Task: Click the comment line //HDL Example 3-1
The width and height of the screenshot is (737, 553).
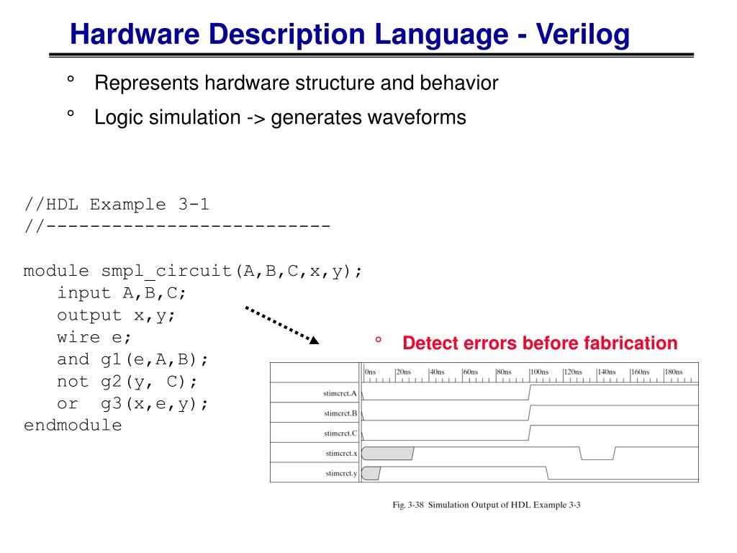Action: pyautogui.click(x=117, y=204)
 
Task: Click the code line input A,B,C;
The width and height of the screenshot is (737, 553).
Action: pyautogui.click(x=122, y=293)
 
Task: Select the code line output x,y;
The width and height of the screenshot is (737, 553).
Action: pyautogui.click(x=116, y=315)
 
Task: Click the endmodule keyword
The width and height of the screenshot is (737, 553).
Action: pyautogui.click(x=73, y=426)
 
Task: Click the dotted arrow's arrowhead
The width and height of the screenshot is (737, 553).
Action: pyautogui.click(x=313, y=339)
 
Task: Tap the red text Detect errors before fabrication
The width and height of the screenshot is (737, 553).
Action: pyautogui.click(x=540, y=343)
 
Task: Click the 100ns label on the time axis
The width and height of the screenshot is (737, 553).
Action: pyautogui.click(x=539, y=372)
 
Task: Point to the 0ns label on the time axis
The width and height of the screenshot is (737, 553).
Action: pyautogui.click(x=371, y=372)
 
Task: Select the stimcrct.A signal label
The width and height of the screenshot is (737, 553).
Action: pyautogui.click(x=340, y=393)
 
